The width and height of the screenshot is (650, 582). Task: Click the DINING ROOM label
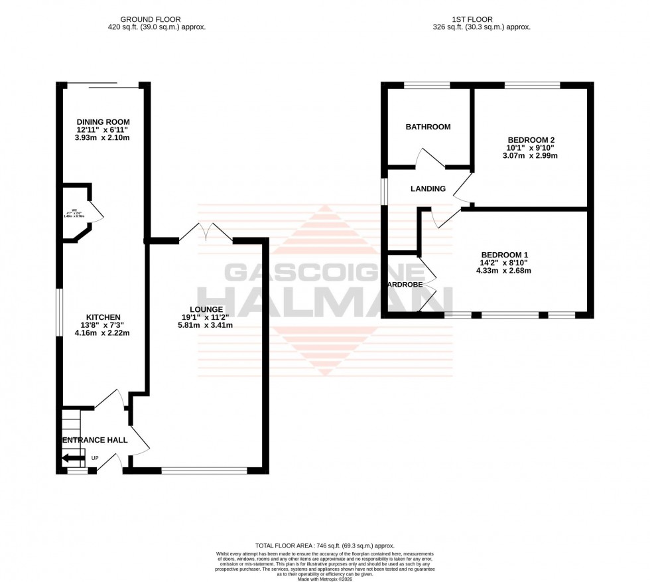tap(103, 122)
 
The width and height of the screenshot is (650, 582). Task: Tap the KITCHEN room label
tap(102, 317)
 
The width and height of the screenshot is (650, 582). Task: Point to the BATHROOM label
tap(428, 127)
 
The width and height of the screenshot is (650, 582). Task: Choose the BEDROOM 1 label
tap(505, 255)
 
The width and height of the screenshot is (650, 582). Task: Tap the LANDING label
tap(428, 189)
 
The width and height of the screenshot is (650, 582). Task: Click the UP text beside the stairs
tap(95, 459)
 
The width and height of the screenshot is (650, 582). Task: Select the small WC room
tap(75, 212)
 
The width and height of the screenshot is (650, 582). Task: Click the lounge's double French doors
tap(206, 232)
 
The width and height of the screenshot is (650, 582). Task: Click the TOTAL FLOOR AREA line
tap(324, 544)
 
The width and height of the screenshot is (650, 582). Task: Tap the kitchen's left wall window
tap(58, 310)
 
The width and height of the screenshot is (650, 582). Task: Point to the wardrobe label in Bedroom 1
tap(405, 285)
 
